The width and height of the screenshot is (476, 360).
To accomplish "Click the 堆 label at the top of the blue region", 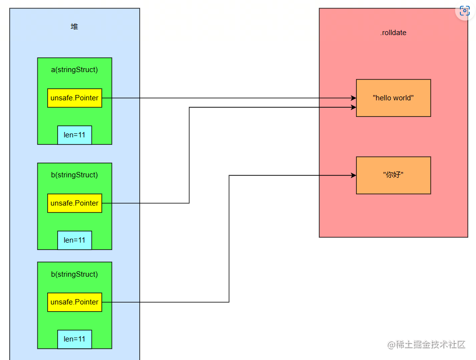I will [x=75, y=27].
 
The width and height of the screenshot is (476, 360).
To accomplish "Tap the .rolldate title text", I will [x=393, y=33].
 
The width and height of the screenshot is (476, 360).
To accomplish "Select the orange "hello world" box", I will [x=393, y=98].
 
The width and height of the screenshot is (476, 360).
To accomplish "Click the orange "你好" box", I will [x=393, y=175].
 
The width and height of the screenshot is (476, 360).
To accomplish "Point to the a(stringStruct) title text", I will [x=75, y=70].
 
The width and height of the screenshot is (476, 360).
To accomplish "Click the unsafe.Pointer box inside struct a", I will [x=75, y=98].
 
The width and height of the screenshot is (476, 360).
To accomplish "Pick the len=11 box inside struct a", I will [x=75, y=135].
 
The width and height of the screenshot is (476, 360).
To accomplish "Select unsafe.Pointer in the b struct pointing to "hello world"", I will [x=75, y=203].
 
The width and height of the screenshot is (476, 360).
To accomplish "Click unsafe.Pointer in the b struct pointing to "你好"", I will [x=75, y=302].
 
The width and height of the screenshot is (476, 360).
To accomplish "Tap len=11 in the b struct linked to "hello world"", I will [x=75, y=240].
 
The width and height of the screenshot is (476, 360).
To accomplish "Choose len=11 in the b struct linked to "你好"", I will [x=75, y=339].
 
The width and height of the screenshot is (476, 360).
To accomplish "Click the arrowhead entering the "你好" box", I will [x=353, y=175].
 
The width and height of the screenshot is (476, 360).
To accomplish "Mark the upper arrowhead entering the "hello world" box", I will [x=353, y=98].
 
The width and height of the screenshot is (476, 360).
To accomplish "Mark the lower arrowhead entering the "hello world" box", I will [x=353, y=107].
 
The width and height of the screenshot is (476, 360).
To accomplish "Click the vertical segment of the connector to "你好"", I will [x=229, y=239].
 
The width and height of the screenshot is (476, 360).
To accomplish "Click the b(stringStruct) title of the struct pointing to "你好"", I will [x=75, y=274].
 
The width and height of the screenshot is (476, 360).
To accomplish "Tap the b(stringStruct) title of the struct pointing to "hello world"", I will [x=75, y=175].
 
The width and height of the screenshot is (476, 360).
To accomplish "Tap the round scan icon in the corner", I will [x=465, y=11].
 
